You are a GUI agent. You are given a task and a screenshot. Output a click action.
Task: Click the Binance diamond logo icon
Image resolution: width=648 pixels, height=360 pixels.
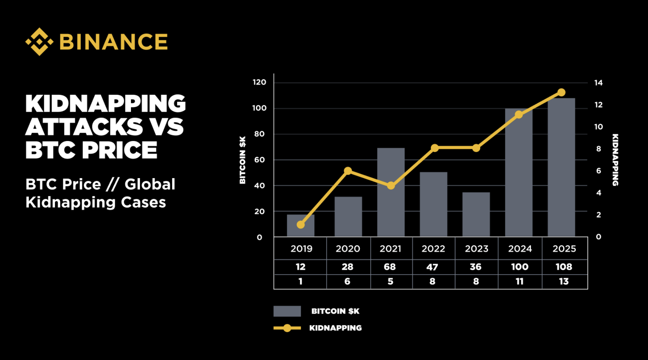point(39,42)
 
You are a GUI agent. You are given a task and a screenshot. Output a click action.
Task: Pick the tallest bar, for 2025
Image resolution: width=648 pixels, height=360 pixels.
point(561,167)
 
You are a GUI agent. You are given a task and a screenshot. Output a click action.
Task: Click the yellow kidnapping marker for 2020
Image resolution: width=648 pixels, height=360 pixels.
point(348,171)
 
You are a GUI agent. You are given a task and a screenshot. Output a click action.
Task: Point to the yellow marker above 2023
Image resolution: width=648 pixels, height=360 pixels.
point(476,148)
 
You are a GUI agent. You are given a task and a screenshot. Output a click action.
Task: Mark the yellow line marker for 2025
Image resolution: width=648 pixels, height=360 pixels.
point(561,93)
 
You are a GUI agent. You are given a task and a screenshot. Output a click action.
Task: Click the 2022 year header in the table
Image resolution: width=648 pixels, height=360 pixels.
point(433,249)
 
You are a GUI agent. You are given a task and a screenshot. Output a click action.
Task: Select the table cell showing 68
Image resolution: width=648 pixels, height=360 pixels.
point(390,267)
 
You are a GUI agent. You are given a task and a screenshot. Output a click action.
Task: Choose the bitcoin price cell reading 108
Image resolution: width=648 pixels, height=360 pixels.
point(564,267)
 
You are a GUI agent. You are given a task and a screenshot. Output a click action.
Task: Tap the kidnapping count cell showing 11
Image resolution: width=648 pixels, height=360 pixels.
point(520,282)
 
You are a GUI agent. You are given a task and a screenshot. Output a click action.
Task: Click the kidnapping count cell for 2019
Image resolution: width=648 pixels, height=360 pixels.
point(300,282)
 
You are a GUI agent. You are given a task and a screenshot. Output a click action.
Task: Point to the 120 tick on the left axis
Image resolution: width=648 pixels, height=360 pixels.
point(259,82)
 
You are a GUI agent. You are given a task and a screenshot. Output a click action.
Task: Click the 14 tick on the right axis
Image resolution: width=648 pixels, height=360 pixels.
point(598,83)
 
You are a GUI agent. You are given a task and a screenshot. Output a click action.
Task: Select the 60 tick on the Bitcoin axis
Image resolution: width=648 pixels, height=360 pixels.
point(259,160)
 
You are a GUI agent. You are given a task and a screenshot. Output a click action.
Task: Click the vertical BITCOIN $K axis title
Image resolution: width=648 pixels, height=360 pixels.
point(243,160)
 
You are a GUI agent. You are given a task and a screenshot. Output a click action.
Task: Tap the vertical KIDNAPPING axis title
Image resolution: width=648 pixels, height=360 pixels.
point(615,160)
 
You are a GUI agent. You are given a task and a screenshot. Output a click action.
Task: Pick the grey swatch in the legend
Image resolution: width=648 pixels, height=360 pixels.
point(287,311)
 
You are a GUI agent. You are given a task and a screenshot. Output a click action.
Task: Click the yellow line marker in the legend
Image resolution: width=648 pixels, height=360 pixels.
point(287,328)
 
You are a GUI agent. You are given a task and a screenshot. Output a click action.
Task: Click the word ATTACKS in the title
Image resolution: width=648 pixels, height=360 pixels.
point(84,127)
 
